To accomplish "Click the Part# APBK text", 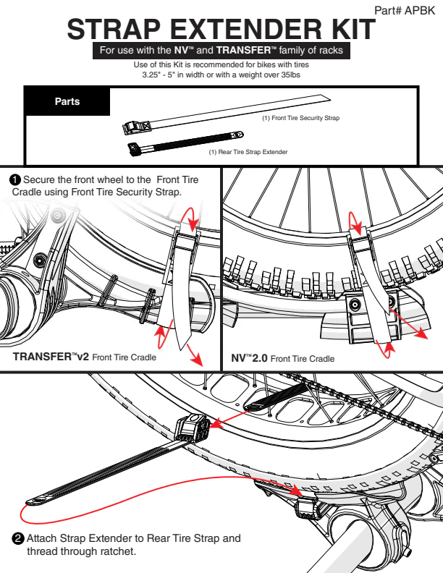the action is click(x=405, y=10).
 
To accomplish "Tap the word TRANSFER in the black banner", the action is click(x=243, y=51).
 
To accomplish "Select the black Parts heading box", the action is click(x=67, y=101).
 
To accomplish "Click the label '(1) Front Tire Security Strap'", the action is click(x=301, y=118).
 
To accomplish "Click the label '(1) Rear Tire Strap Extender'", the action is click(x=248, y=152).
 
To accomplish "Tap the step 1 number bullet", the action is click(x=15, y=180).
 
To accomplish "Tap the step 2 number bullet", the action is click(x=17, y=539).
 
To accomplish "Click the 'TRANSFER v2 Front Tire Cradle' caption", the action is click(x=85, y=357).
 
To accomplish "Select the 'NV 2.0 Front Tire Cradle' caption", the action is click(x=283, y=358).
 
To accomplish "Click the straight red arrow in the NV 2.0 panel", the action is click(x=408, y=323).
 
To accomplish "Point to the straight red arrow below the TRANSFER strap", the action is click(x=195, y=355).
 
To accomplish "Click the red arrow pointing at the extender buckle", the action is click(x=229, y=419).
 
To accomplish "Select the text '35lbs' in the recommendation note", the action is click(x=290, y=75).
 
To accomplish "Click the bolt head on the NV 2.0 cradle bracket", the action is click(x=355, y=304).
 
